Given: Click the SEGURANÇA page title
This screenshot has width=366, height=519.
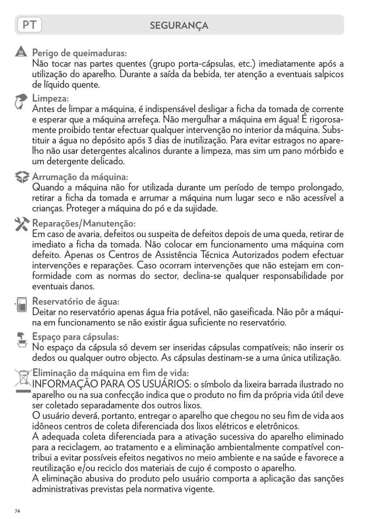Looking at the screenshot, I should coord(179,26).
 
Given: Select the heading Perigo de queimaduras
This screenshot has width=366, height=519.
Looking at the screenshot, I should coord(79,53).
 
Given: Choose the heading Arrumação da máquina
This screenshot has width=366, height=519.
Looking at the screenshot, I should coord(80,177).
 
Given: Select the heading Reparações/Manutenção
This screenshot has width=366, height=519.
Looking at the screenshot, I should coord(84,224).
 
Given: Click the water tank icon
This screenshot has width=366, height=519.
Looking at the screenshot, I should coord(21,305).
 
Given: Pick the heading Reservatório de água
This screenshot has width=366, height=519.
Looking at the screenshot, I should coord(76,302).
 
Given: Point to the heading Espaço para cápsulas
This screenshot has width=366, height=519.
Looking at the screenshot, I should coord(75,337).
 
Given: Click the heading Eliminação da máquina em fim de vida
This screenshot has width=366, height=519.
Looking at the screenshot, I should coord(111,373).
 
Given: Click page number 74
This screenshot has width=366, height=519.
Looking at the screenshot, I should coord(17,510).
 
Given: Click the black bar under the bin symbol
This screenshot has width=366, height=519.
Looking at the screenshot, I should coord(22,391).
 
